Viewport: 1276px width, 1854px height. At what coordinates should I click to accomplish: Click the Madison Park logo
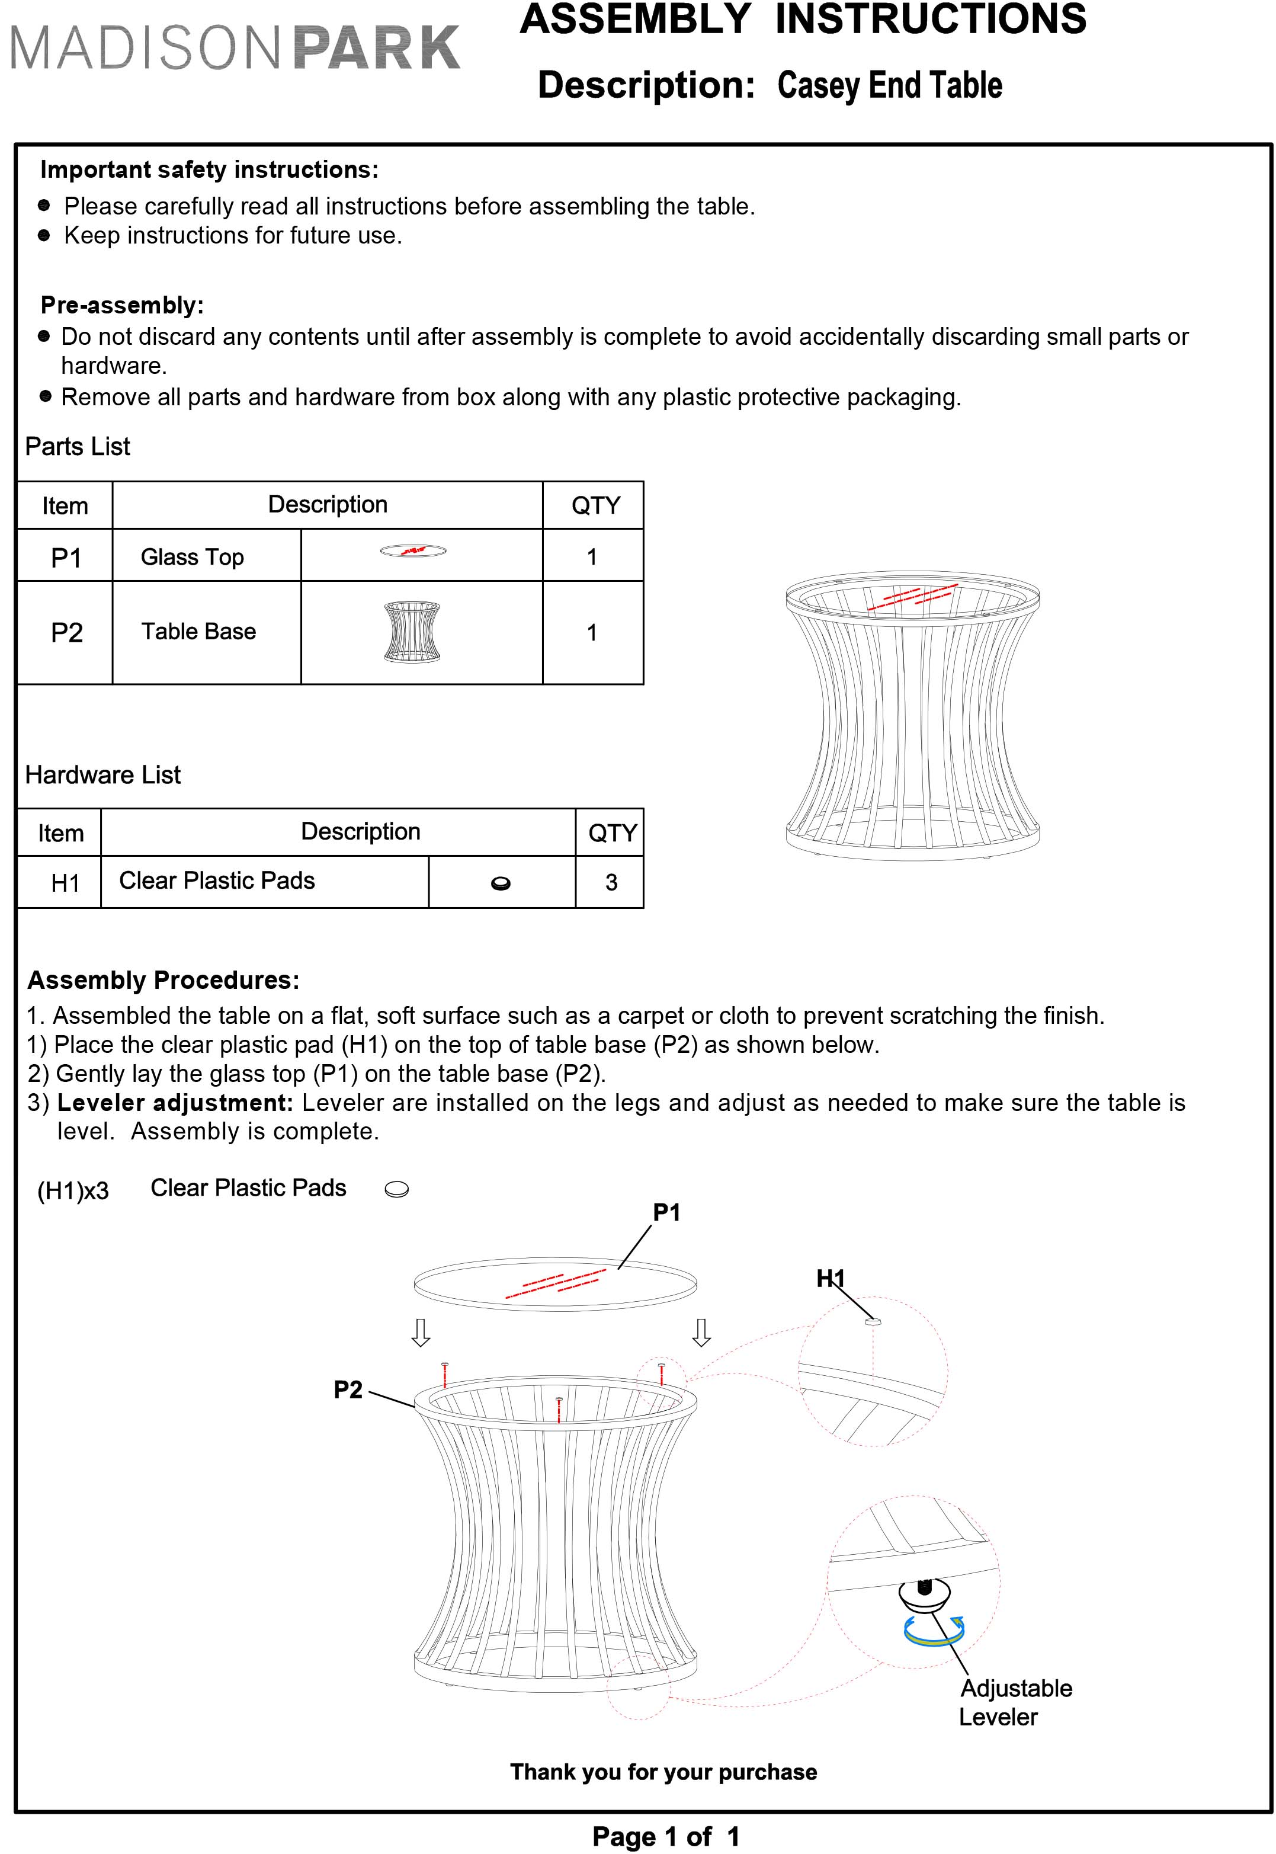235,48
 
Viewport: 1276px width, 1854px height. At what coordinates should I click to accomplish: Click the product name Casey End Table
889,85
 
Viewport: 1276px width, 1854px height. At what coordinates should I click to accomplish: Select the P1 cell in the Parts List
66,557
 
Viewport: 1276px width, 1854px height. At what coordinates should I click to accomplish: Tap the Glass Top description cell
192,557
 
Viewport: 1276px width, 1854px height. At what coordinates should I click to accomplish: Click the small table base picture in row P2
412,632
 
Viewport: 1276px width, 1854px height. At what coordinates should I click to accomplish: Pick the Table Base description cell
198,632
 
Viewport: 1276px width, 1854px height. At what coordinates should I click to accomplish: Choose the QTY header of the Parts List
595,505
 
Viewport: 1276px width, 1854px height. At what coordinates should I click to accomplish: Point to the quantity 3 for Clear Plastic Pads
611,883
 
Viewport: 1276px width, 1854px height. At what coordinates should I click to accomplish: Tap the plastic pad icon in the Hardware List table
501,883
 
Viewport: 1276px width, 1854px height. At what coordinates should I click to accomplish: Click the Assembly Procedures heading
163,980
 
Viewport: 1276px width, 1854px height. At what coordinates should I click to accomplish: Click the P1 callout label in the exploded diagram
666,1213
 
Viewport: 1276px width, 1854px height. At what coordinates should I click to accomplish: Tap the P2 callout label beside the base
348,1389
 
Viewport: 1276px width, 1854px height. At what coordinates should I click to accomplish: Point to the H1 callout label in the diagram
830,1279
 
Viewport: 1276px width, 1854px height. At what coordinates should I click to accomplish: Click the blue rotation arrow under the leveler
933,1632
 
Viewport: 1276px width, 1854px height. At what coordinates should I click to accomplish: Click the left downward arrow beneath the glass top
421,1333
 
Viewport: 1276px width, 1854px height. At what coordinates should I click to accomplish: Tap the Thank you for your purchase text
663,1772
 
